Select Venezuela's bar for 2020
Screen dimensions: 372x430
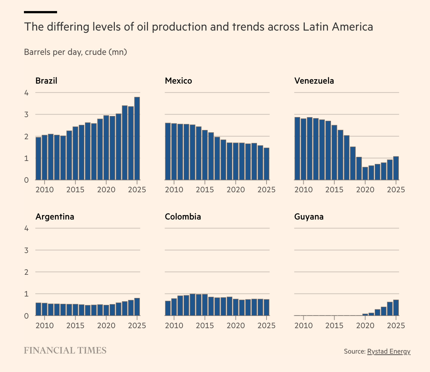(x=365, y=173)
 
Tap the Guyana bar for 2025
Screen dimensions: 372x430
(x=396, y=308)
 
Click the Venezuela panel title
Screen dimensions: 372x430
(x=314, y=81)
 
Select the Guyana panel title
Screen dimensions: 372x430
(x=309, y=217)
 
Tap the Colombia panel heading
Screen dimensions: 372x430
(x=183, y=217)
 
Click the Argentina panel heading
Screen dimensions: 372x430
(x=55, y=217)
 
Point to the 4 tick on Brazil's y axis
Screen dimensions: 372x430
(x=26, y=93)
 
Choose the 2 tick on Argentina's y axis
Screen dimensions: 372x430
(x=26, y=272)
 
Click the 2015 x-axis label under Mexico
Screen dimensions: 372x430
(x=205, y=190)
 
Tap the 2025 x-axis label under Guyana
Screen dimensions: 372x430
(x=396, y=326)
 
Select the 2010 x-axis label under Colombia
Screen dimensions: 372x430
(x=174, y=326)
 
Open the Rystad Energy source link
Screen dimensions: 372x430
(x=388, y=351)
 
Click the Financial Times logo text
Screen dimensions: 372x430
(x=65, y=350)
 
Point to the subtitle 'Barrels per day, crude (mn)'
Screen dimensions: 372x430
(x=75, y=52)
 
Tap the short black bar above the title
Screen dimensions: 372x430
(x=40, y=12)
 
